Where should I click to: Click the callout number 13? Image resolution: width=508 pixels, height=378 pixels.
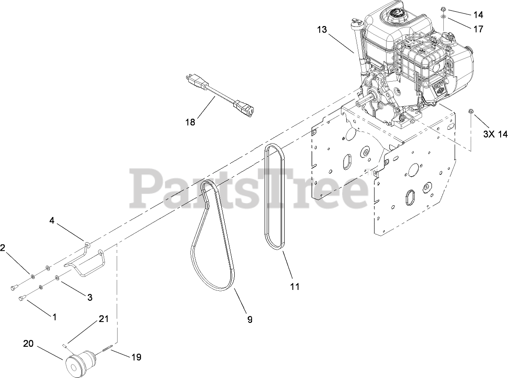pos(321,30)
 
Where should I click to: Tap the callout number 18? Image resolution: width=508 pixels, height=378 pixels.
pos(190,122)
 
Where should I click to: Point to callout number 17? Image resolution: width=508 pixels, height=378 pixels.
pos(478,30)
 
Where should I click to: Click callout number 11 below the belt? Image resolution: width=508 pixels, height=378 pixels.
pos(295,286)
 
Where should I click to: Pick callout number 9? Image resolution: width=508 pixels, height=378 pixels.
pos(250,319)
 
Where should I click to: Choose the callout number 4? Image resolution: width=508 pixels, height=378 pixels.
pos(52,220)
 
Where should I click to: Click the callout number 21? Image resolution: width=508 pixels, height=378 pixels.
pos(103,319)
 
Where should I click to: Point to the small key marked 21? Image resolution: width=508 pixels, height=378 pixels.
pos(65,345)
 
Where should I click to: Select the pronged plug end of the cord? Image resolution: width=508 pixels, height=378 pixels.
pos(190,80)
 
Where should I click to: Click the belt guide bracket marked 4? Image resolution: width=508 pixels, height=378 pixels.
pos(87,260)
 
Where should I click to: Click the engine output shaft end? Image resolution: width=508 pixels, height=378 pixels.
pos(360,102)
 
